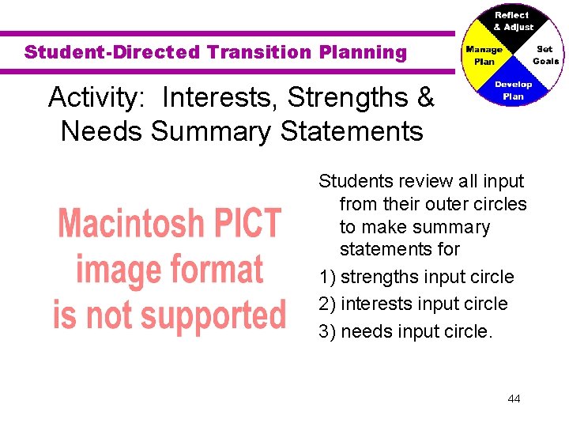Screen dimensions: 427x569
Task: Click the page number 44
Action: (x=514, y=399)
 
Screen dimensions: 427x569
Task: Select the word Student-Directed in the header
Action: (x=112, y=53)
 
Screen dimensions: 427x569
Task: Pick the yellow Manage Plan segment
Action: (x=484, y=55)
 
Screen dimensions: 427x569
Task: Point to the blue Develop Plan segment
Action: (x=514, y=90)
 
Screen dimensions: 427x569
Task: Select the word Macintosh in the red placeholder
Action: (x=127, y=224)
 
